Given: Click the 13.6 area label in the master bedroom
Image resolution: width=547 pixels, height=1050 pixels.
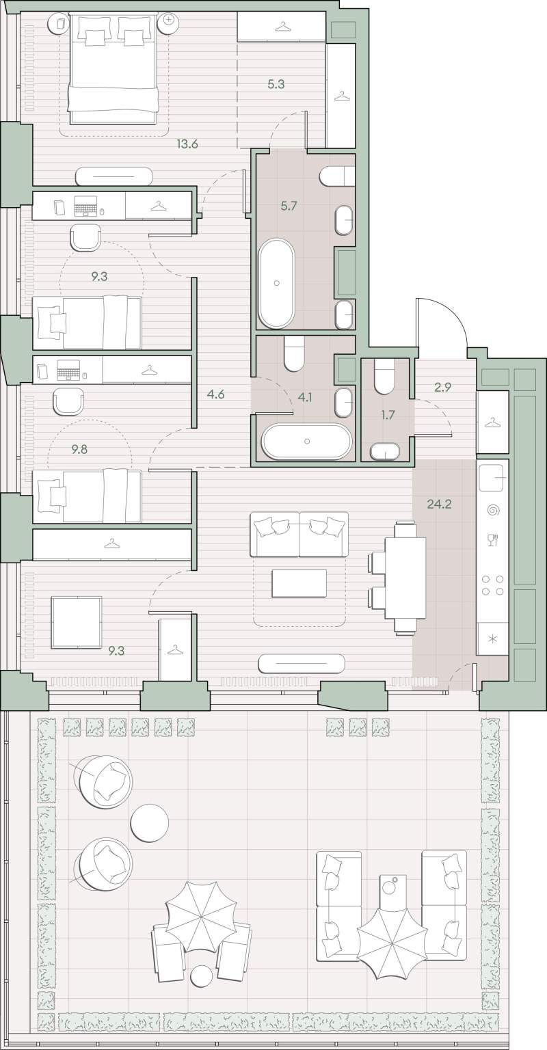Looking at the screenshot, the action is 187,144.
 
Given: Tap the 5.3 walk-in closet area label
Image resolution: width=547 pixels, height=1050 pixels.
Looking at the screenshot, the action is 276,84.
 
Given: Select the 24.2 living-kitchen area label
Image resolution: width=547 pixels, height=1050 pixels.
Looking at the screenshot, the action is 437,504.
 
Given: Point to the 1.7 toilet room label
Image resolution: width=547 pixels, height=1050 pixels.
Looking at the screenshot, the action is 388,415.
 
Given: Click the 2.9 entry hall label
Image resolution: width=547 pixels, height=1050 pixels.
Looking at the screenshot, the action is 442,387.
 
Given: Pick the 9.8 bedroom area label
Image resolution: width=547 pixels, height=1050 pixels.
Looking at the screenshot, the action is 79,450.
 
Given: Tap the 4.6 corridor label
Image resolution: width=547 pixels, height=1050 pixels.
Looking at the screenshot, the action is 215,394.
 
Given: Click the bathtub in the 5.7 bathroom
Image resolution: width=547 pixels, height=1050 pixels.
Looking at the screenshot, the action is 276,284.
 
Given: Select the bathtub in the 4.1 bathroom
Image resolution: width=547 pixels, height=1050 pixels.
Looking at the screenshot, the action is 306,441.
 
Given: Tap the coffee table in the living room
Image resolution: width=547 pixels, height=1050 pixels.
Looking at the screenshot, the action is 299,583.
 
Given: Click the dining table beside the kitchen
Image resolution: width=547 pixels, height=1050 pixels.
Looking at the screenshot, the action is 405,578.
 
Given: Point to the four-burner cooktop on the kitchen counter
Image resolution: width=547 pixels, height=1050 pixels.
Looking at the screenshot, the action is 492,585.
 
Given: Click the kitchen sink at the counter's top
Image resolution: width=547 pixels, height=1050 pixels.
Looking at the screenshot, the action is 492,476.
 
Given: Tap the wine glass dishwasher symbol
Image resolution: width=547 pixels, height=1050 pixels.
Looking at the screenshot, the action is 492,540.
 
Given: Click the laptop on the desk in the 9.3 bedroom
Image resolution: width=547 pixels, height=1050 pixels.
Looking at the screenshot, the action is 85,206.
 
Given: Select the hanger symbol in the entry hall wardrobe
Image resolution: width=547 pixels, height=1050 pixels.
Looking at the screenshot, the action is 492,423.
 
